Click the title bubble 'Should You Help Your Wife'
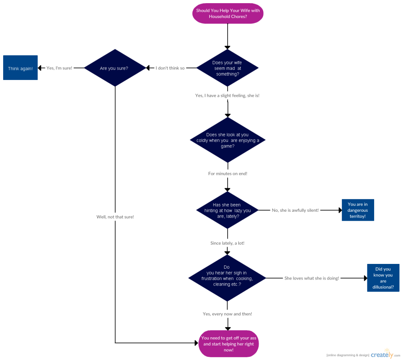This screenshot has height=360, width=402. coord(228,14)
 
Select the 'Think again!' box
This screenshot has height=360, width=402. coord(20,68)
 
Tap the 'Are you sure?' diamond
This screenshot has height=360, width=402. coord(114,68)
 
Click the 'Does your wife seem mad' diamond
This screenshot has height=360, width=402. coord(227,68)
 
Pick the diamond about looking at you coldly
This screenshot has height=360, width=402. coord(227,140)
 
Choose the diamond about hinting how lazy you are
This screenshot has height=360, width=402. coord(227,210)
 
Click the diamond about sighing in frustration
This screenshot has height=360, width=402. coord(227,278)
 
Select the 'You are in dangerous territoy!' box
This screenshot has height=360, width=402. coord(358,210)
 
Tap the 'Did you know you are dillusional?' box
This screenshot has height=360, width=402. coord(383,278)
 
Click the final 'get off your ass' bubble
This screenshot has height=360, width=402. coord(228,344)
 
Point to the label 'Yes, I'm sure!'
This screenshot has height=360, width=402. coord(59,68)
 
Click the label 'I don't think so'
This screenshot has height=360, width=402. coord(170,68)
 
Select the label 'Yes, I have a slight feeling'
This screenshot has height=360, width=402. coord(227,96)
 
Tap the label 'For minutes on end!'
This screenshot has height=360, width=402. coord(228,173)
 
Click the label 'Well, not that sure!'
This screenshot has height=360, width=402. coord(115,217)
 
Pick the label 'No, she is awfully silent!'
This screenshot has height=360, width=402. coord(295,210)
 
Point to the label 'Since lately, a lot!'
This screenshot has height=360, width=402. coord(227,243)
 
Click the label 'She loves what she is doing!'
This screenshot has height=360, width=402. coord(311,278)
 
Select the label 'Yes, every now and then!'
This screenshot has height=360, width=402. coord(227,314)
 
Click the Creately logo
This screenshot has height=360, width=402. coord(382,354)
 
